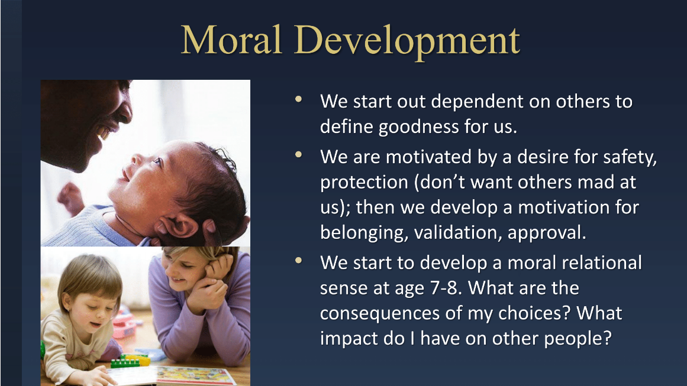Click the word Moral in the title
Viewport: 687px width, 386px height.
(231, 40)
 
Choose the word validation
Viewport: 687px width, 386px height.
(457, 232)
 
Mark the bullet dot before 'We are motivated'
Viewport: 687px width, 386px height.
(299, 154)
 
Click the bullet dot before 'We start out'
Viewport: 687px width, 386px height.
(299, 99)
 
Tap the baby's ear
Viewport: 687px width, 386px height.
(176, 227)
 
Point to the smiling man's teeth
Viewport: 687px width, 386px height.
(104, 132)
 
